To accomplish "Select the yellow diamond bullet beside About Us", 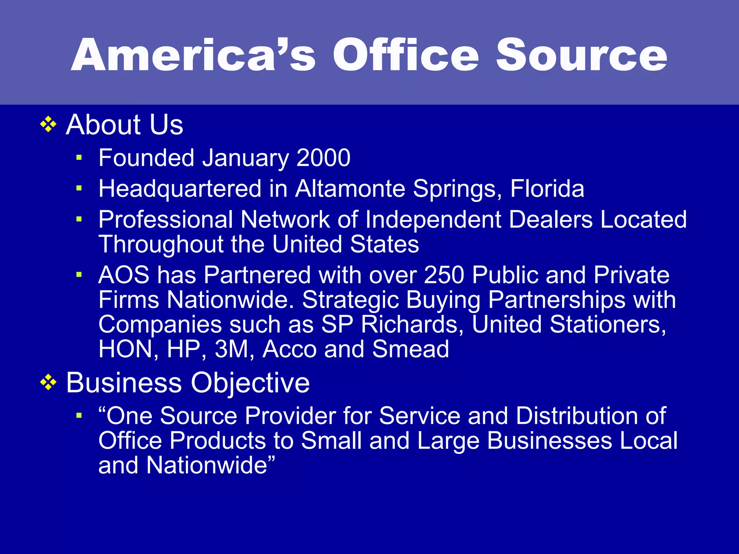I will pos(48,125).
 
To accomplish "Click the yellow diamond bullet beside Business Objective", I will pos(48,383).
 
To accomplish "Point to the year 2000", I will pos(323,158).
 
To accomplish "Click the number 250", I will pos(444,275).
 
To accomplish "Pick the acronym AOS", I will pos(124,275).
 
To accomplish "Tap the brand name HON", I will pos(126,349).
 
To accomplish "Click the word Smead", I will pos(411,349).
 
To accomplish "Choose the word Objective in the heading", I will pos(250,383).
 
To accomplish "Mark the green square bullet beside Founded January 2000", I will pos(79,158).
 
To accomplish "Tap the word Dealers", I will pos(551,219).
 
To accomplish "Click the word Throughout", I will pos(161,245).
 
